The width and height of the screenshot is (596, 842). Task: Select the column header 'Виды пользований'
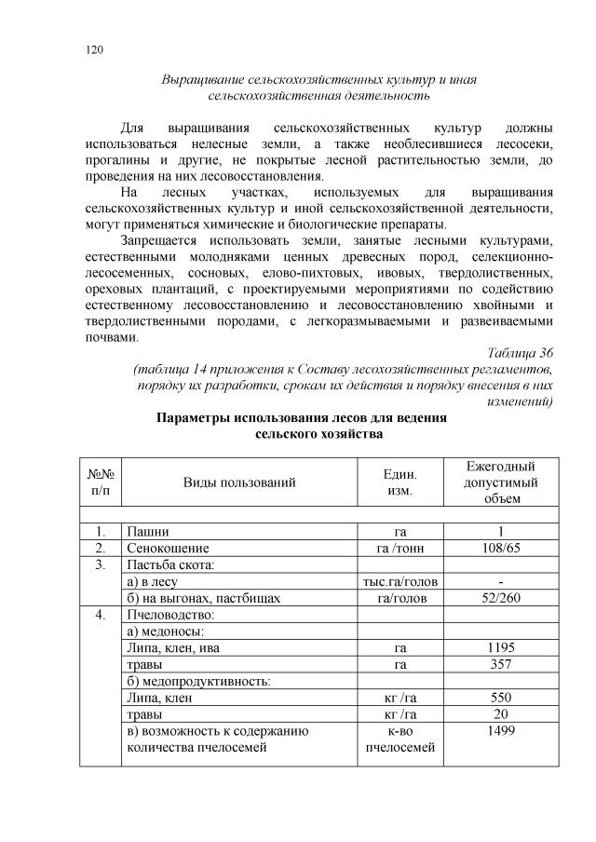pos(239,482)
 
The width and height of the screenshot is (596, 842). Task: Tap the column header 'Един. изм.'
pos(400,482)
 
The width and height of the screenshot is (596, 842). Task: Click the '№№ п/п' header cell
pos(101,482)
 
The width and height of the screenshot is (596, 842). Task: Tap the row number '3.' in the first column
pos(101,565)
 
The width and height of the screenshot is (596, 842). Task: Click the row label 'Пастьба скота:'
pos(169,565)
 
